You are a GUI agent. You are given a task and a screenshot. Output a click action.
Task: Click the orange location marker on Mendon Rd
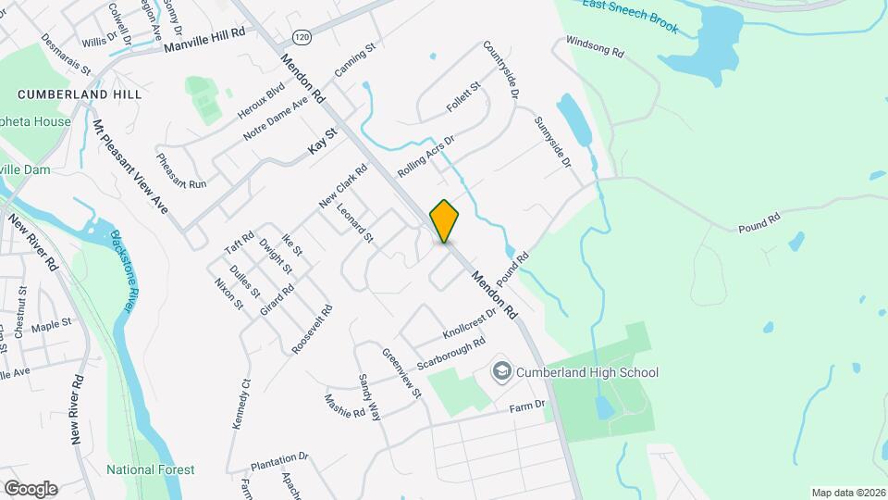[444, 221]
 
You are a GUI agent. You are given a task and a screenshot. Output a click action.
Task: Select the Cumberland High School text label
[587, 373]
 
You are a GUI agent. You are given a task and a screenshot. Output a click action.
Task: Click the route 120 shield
[301, 37]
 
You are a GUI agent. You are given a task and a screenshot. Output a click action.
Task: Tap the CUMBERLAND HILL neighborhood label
[80, 94]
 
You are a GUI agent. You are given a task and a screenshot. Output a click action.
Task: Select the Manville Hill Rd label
[204, 39]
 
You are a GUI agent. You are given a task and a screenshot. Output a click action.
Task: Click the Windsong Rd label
[594, 47]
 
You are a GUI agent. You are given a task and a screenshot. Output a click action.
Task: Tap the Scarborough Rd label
[451, 354]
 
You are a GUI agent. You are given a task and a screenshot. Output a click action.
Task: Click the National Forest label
[150, 469]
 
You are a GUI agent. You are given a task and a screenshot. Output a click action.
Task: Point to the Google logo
[31, 488]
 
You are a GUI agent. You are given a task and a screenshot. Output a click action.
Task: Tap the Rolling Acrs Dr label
[426, 158]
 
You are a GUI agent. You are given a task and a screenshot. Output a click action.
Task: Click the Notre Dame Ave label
[275, 119]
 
